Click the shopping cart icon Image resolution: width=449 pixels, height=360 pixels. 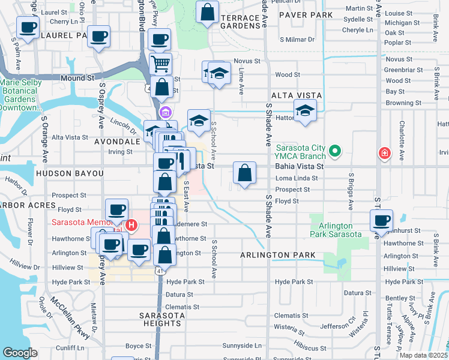tap(160, 64)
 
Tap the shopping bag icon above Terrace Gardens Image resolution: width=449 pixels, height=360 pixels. tap(207, 13)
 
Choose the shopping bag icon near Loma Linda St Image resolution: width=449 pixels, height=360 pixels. tap(244, 173)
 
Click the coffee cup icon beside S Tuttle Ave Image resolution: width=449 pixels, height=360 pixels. tap(381, 220)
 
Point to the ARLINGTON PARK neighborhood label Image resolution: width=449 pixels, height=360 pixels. tap(278, 255)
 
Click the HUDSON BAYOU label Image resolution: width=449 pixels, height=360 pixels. tap(70, 173)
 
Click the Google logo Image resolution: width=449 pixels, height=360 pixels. tap(20, 353)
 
